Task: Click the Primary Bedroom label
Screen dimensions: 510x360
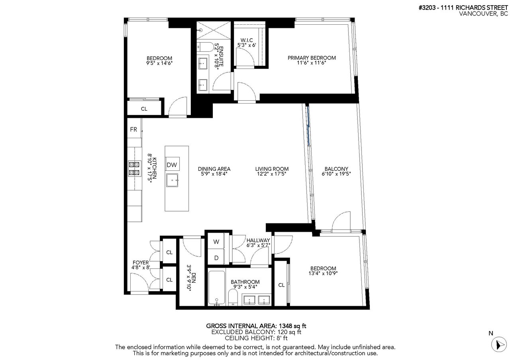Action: tap(312, 58)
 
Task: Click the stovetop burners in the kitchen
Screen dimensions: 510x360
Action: tap(134, 168)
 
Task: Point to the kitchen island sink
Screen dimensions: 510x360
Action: tap(172, 180)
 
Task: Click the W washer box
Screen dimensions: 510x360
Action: tap(216, 241)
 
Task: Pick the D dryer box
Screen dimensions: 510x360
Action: tap(216, 257)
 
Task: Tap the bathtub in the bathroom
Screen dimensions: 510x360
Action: tap(217, 288)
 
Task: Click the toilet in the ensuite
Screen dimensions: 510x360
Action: tap(206, 47)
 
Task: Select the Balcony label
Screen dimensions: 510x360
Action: tap(336, 169)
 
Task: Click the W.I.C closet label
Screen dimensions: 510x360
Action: tap(247, 40)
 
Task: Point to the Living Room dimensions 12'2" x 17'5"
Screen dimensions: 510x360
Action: tap(272, 174)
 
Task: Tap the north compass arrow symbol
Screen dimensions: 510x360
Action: tap(498, 345)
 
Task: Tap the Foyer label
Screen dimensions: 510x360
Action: tap(141, 262)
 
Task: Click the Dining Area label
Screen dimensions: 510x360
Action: tap(214, 169)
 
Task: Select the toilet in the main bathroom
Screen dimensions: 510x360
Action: tap(233, 297)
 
